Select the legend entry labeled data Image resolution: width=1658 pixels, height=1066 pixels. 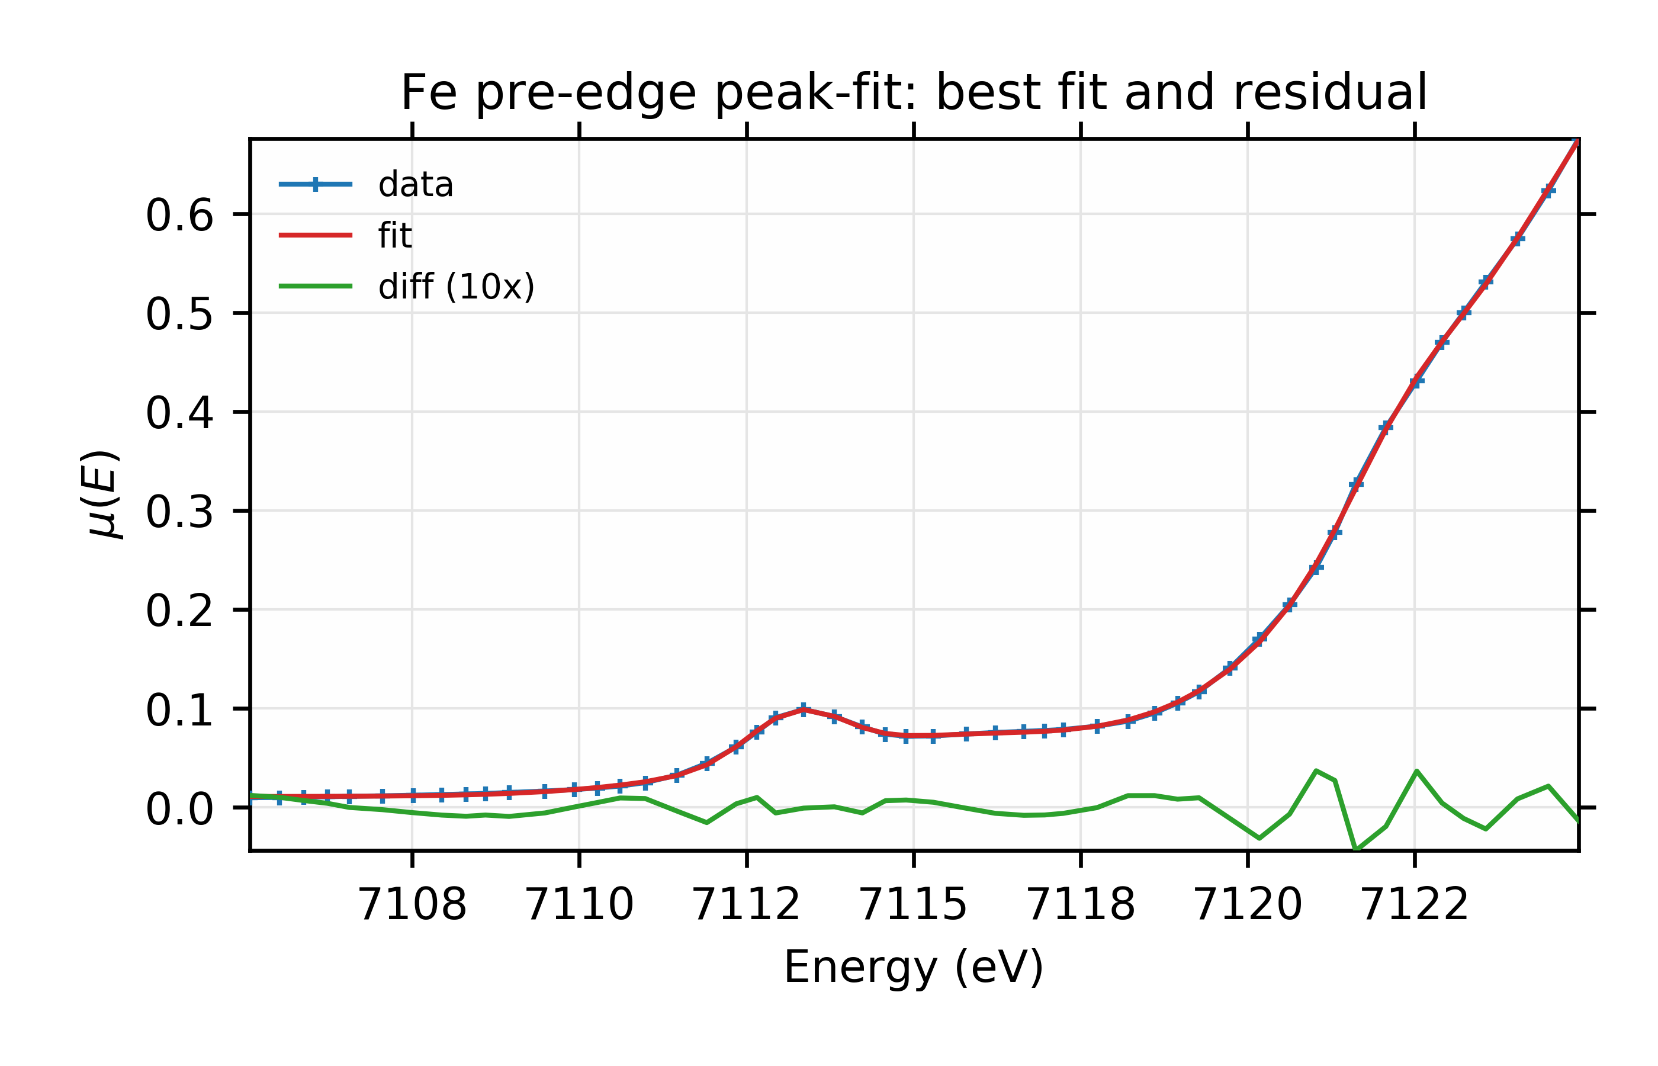tap(415, 185)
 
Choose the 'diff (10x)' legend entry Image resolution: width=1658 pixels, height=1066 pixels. tap(456, 287)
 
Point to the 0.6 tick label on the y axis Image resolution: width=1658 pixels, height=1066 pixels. tap(179, 216)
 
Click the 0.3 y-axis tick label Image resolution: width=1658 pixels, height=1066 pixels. tap(179, 513)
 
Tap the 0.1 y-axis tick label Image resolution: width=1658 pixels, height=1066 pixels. tap(179, 711)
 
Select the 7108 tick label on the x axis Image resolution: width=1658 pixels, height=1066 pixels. tap(412, 904)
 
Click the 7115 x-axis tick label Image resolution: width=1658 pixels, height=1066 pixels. tap(914, 904)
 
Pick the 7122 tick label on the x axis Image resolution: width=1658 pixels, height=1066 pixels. tap(1415, 904)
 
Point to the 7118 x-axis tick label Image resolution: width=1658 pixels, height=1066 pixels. tap(1081, 904)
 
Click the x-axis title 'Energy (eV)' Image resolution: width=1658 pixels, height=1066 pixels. tap(914, 968)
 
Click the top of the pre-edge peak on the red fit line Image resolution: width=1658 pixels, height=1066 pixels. tap(804, 709)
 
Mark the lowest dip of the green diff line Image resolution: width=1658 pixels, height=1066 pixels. tap(1356, 849)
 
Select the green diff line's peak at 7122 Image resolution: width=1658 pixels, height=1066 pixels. tap(1416, 771)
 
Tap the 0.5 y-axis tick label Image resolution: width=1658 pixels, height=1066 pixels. tap(179, 315)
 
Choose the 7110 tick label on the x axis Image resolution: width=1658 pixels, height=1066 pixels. tap(579, 904)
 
